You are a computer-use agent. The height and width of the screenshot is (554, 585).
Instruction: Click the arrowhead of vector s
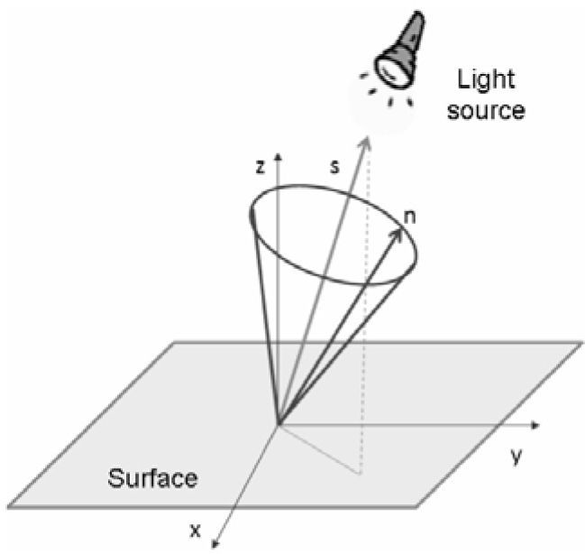(x=367, y=140)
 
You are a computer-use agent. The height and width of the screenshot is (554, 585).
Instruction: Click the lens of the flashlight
(x=389, y=67)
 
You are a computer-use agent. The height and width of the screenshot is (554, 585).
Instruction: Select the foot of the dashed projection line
(x=361, y=473)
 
